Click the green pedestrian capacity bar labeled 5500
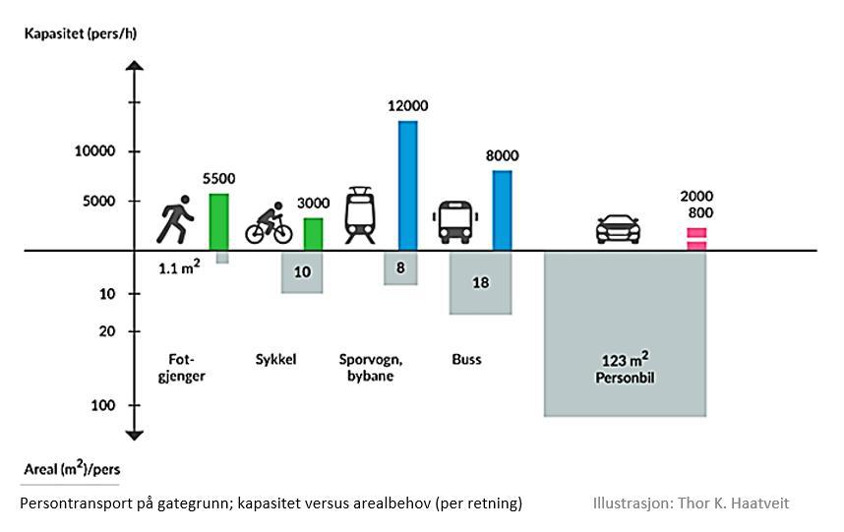[218, 221]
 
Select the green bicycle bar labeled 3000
[313, 233]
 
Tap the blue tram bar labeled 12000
[407, 185]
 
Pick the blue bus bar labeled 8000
[502, 209]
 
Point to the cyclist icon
[269, 224]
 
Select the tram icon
[361, 215]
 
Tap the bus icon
[455, 222]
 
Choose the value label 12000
[409, 106]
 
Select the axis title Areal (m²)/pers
[72, 469]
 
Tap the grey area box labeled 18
[481, 282]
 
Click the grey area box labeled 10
[302, 272]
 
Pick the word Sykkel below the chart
[276, 359]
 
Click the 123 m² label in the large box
[625, 360]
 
